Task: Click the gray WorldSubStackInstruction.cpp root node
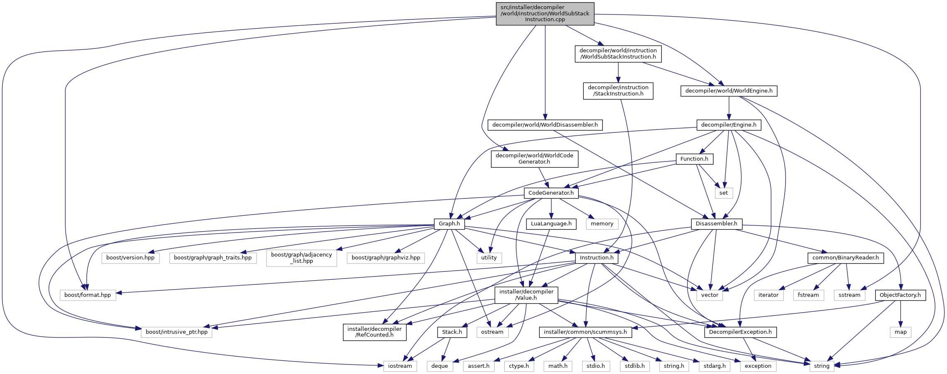tap(545, 13)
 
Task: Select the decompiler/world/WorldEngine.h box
tap(729, 91)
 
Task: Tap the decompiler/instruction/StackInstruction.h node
tap(618, 90)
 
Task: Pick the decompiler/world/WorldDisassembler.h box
tap(545, 125)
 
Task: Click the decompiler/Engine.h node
tap(728, 125)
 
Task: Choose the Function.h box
tap(694, 159)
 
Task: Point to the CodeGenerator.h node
tap(551, 193)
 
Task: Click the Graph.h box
tap(449, 224)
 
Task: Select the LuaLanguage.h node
tap(551, 224)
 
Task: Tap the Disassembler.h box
tap(716, 224)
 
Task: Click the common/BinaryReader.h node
tap(845, 258)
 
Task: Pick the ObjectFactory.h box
tap(900, 295)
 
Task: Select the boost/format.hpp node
tap(88, 295)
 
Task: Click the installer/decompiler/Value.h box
tap(526, 295)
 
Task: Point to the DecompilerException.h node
tap(740, 332)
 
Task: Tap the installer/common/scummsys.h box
tap(585, 332)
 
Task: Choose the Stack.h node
tap(452, 332)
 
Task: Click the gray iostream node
tap(400, 366)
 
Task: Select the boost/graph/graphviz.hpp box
tap(386, 258)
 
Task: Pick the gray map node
tap(901, 332)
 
